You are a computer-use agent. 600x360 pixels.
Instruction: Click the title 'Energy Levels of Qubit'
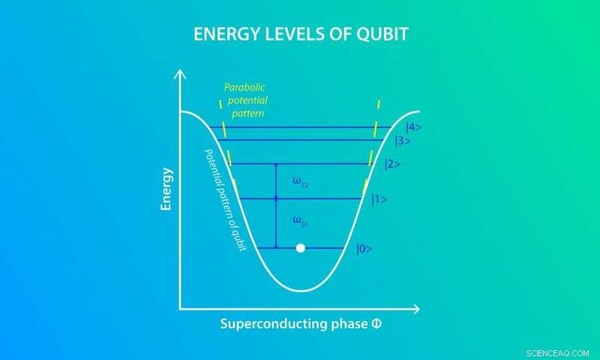coord(300,35)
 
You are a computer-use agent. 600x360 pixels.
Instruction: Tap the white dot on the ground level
coord(301,247)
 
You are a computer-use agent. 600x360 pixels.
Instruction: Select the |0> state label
coord(364,248)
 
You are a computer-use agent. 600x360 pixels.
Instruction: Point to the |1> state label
coord(379,199)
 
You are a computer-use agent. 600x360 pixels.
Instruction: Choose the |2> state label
coord(392,164)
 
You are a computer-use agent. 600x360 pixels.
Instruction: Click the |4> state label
coord(413,127)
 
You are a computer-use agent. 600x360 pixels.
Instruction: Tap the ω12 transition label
coord(301,181)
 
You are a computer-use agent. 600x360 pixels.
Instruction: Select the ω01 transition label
coord(301,222)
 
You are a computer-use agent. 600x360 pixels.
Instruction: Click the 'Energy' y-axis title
coord(166,188)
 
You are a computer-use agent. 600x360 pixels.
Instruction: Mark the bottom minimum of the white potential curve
coord(301,290)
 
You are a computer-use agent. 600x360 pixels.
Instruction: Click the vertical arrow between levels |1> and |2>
coord(276,181)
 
